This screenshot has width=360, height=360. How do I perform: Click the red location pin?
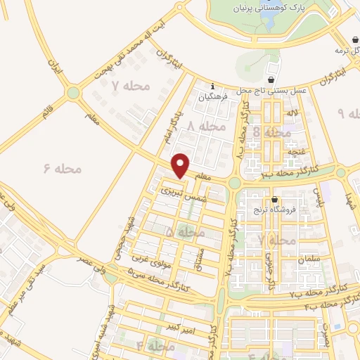181,166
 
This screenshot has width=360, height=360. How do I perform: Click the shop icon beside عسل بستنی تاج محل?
272,80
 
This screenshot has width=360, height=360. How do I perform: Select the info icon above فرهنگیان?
212,87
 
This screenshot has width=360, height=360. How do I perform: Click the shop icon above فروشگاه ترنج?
275,199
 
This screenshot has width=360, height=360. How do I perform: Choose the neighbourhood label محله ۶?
63,169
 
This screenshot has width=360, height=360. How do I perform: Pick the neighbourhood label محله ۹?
349,114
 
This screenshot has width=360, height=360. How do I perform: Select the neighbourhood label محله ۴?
155,346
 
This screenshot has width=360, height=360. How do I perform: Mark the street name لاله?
294,112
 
